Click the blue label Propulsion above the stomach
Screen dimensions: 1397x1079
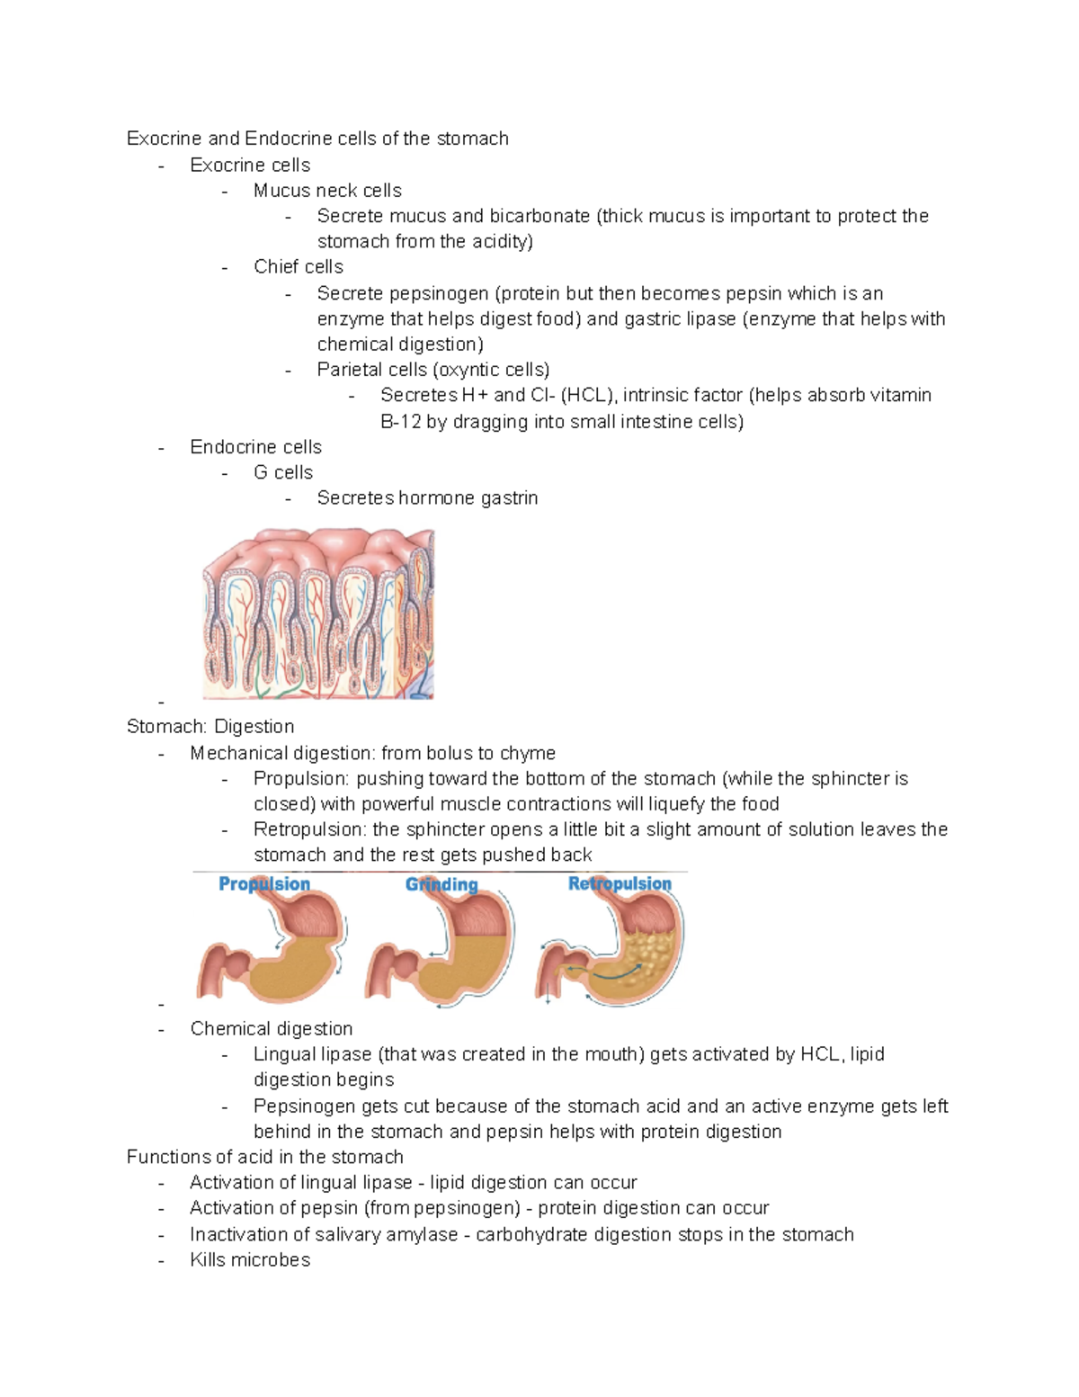(264, 884)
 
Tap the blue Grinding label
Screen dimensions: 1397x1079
(441, 884)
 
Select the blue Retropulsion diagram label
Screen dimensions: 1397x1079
(620, 884)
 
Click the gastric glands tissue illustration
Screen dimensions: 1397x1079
(318, 614)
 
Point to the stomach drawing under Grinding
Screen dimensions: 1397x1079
(441, 950)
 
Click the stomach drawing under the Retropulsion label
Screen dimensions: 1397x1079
(611, 950)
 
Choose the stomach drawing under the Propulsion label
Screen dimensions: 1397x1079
(270, 950)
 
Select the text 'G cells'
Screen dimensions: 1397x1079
(283, 472)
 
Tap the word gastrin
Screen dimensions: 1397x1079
(509, 497)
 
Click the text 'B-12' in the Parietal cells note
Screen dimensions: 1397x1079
(400, 421)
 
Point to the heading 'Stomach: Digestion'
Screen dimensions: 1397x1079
(210, 726)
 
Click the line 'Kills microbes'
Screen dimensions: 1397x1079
(250, 1259)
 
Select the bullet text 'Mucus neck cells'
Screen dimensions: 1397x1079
(327, 191)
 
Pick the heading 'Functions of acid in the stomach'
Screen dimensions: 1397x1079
(265, 1157)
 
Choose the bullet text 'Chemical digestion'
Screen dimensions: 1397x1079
(272, 1028)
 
